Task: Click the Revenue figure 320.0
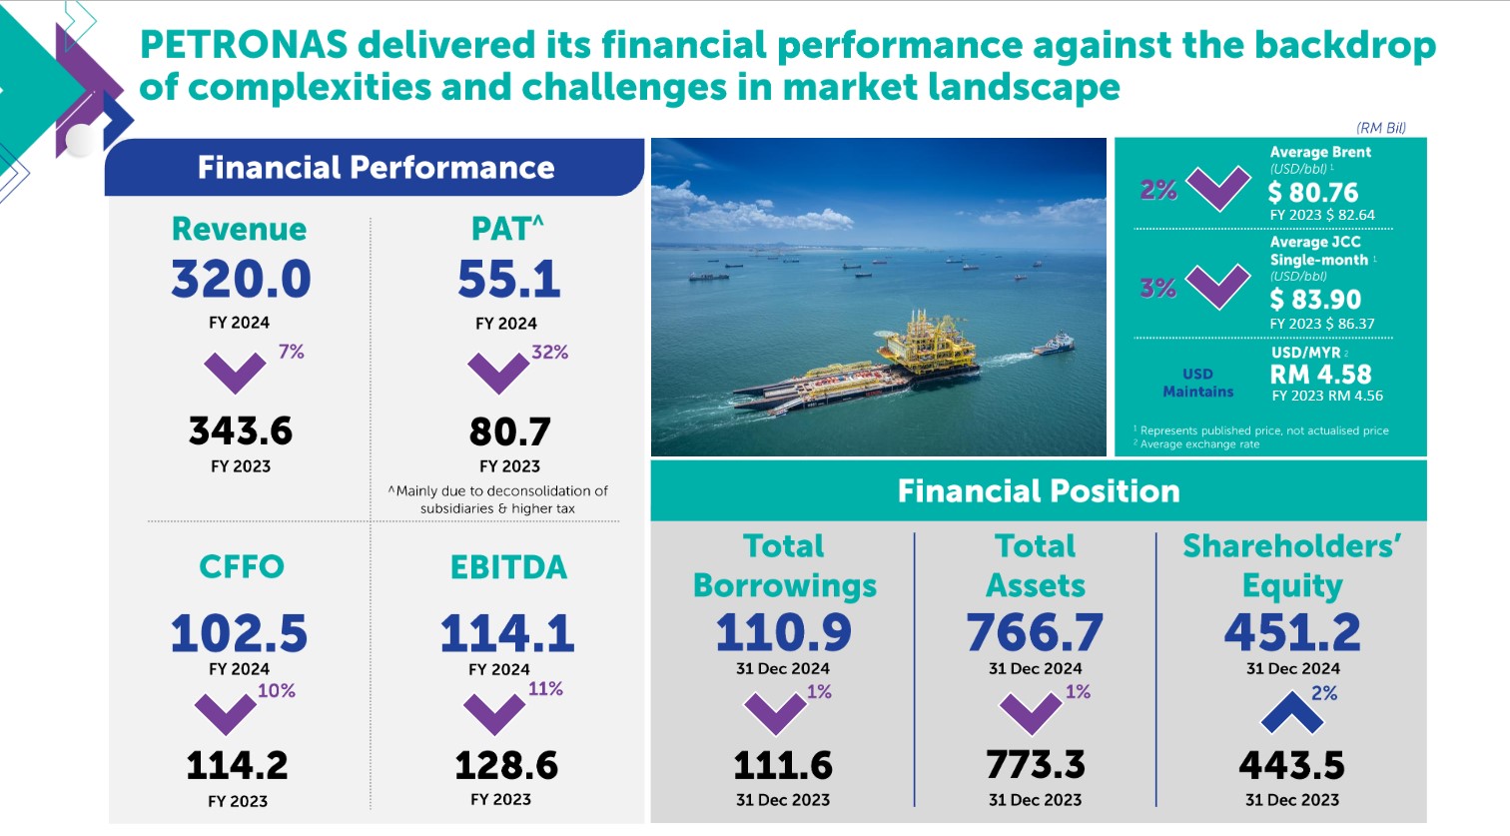[x=241, y=280]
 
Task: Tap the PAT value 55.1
[x=508, y=280]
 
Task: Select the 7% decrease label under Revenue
[x=291, y=352]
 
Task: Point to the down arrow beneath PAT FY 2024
[x=497, y=374]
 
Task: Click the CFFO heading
[x=242, y=566]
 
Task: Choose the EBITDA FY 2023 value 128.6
[x=506, y=766]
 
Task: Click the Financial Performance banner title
[x=376, y=168]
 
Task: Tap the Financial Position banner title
[x=1039, y=491]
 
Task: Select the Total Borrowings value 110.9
[x=784, y=632]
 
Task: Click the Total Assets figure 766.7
[x=1035, y=632]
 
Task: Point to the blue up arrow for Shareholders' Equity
[x=1291, y=712]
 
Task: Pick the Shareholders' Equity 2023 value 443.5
[x=1291, y=766]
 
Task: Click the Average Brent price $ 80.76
[x=1313, y=192]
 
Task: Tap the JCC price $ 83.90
[x=1315, y=300]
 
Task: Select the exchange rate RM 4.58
[x=1320, y=375]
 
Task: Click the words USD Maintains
[x=1198, y=383]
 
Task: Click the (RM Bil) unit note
[x=1381, y=128]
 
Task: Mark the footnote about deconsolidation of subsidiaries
[x=497, y=499]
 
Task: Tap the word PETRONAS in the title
[x=244, y=46]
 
